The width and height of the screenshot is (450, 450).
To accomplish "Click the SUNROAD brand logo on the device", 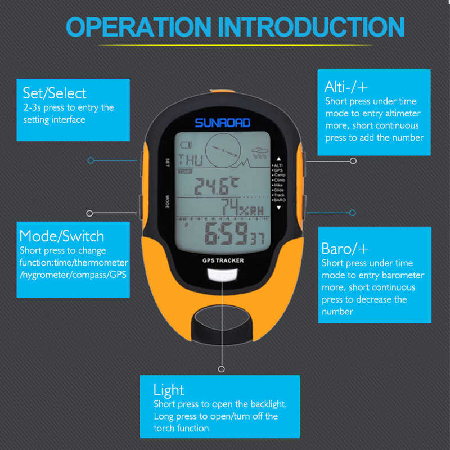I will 222,122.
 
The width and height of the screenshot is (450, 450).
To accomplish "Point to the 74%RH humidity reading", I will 240,208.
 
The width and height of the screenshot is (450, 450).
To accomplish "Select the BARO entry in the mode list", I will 279,200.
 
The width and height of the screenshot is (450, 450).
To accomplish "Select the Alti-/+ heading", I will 345,86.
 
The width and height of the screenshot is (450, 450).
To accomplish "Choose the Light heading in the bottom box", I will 168,389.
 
